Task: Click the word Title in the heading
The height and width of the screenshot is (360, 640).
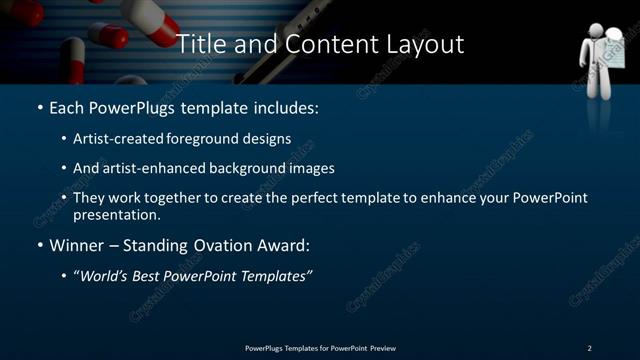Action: pos(199,44)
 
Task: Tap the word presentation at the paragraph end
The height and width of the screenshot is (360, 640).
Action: pos(116,214)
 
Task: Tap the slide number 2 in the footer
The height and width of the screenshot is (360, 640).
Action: pos(589,347)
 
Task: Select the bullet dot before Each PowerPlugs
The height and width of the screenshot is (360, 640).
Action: pos(39,107)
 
